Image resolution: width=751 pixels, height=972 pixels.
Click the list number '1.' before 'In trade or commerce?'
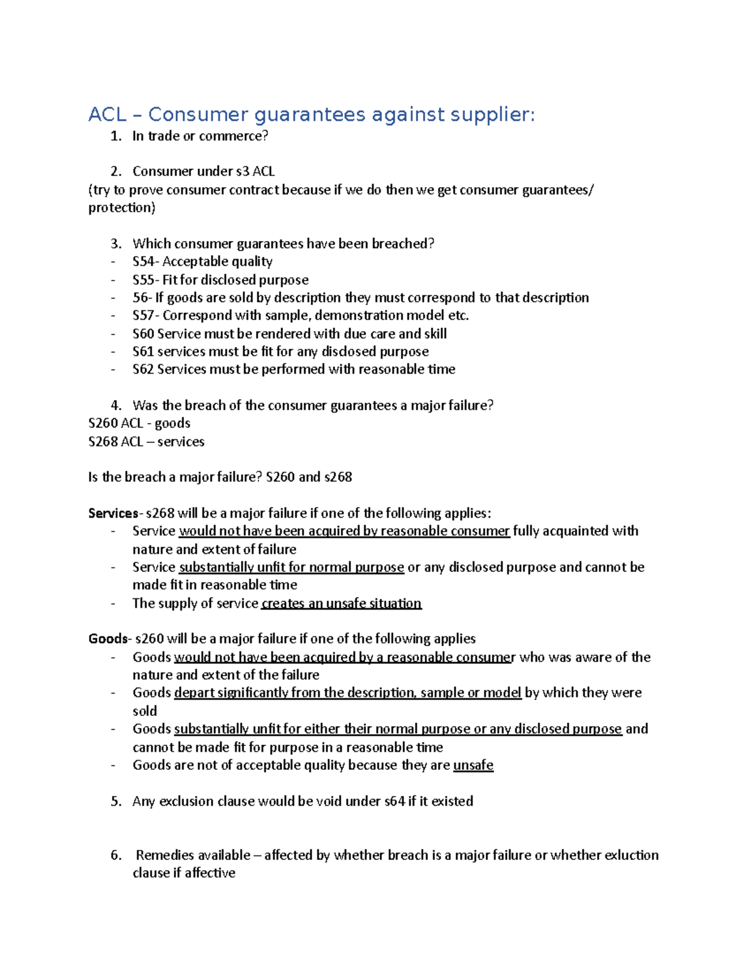point(116,136)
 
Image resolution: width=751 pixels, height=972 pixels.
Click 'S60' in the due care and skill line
point(143,334)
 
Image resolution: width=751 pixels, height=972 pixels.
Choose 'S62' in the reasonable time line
point(143,369)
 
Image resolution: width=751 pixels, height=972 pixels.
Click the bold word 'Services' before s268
point(113,513)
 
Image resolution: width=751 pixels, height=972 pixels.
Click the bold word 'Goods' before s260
point(108,639)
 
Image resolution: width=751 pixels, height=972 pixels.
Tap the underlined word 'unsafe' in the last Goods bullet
point(473,765)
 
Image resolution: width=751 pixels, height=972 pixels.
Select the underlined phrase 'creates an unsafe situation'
point(341,603)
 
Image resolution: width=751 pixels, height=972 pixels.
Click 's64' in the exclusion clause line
point(394,801)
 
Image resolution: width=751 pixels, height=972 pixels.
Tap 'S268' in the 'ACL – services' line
point(103,442)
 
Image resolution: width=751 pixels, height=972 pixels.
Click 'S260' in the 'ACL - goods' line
point(103,423)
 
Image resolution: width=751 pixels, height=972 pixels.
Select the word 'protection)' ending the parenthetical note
point(121,208)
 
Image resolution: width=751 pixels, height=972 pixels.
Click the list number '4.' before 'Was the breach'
point(116,406)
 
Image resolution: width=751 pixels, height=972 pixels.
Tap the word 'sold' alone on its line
point(145,711)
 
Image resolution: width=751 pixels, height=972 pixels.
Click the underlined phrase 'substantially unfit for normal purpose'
point(291,567)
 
